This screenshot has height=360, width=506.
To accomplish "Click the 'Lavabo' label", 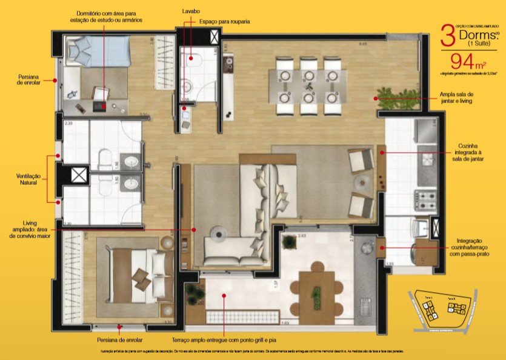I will click(x=191, y=12).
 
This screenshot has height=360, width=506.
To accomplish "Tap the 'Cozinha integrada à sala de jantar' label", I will click(x=471, y=153).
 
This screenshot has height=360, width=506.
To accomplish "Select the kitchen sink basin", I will click(x=427, y=159).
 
